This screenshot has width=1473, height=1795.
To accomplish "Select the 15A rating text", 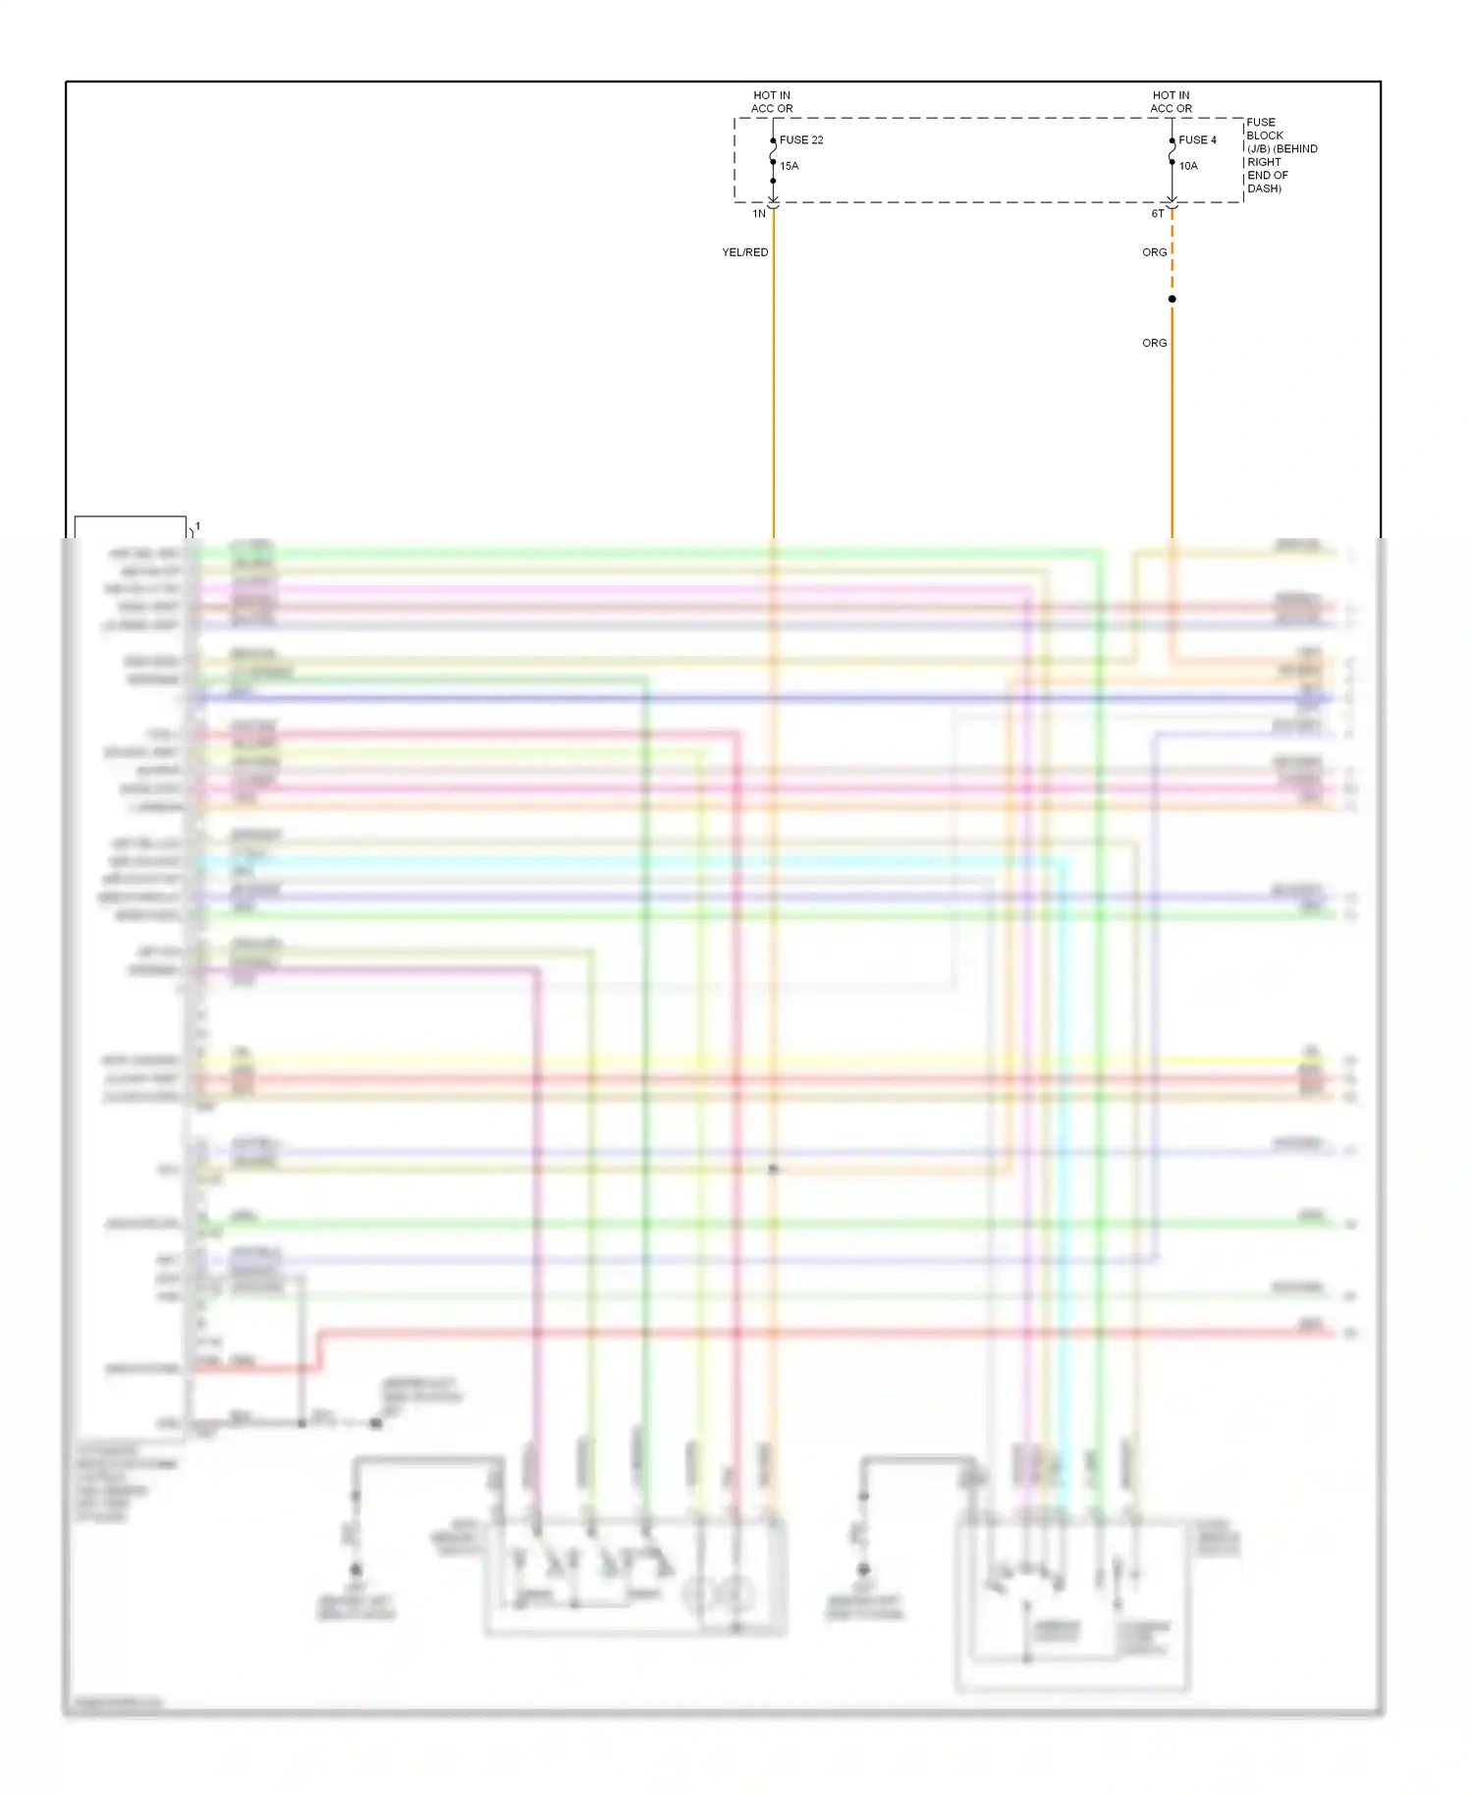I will [x=790, y=166].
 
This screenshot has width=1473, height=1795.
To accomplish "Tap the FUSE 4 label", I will [x=1197, y=140].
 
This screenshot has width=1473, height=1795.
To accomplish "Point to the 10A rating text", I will [x=1188, y=166].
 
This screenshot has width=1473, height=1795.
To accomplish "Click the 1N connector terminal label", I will [x=759, y=213].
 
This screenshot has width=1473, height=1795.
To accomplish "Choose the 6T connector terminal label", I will [x=1158, y=213].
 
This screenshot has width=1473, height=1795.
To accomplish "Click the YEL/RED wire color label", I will [x=745, y=252].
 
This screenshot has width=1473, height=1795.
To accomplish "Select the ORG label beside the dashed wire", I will [x=1155, y=252].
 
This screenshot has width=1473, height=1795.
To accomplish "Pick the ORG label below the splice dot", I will [x=1155, y=343].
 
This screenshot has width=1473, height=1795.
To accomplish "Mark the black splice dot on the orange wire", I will [x=1172, y=299].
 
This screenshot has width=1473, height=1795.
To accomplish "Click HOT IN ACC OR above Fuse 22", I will [x=772, y=102].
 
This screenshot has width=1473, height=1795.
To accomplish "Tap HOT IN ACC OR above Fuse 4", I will [x=1171, y=102].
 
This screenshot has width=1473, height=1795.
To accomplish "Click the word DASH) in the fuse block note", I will [x=1264, y=189].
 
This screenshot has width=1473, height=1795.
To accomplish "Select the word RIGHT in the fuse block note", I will [x=1264, y=162].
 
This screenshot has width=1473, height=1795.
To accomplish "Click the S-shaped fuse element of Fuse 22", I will [x=774, y=151].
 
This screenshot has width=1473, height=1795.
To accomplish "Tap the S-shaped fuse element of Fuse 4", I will [x=1172, y=151].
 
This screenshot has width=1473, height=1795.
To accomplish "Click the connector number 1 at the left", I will [x=197, y=526].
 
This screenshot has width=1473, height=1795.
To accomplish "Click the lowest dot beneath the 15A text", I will [x=774, y=181].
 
